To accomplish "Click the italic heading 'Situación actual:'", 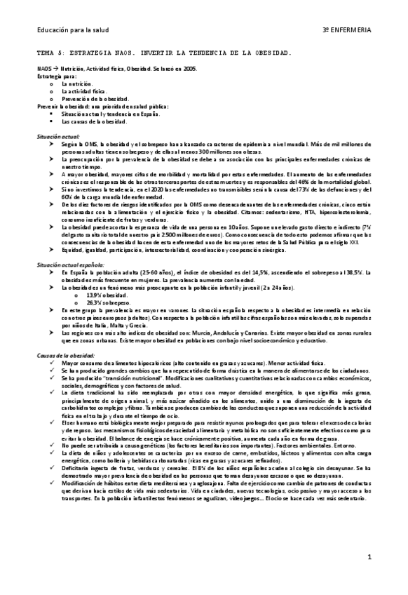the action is tap(58, 135).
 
